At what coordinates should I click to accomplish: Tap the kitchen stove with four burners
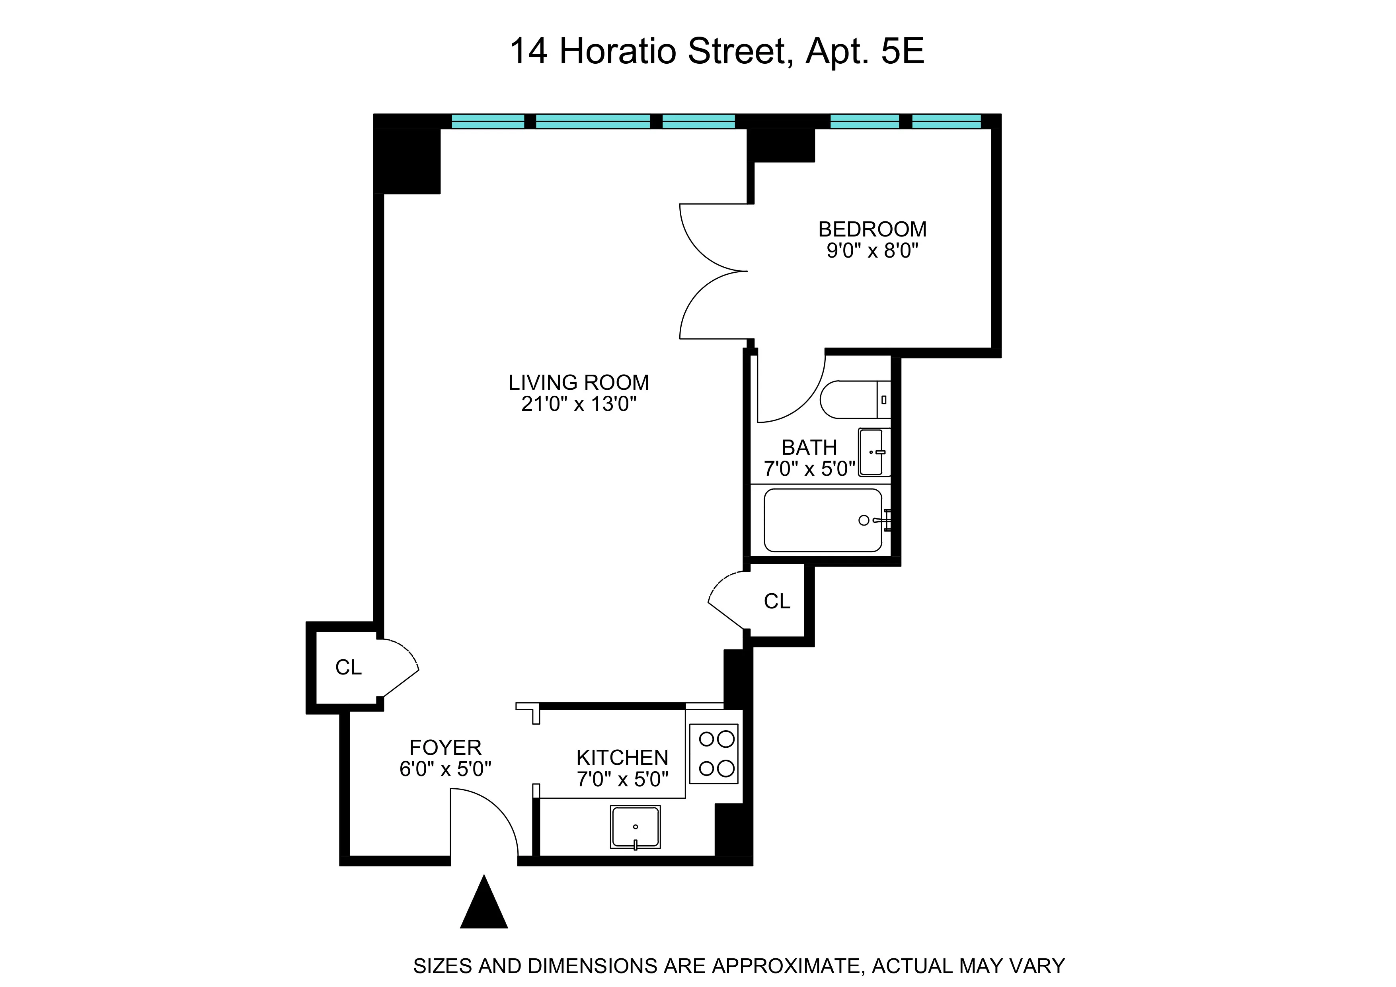714,753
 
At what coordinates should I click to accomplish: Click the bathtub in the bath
823,520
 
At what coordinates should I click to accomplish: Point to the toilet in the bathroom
854,400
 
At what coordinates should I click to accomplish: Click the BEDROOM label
872,229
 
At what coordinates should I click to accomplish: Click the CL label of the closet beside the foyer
348,668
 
